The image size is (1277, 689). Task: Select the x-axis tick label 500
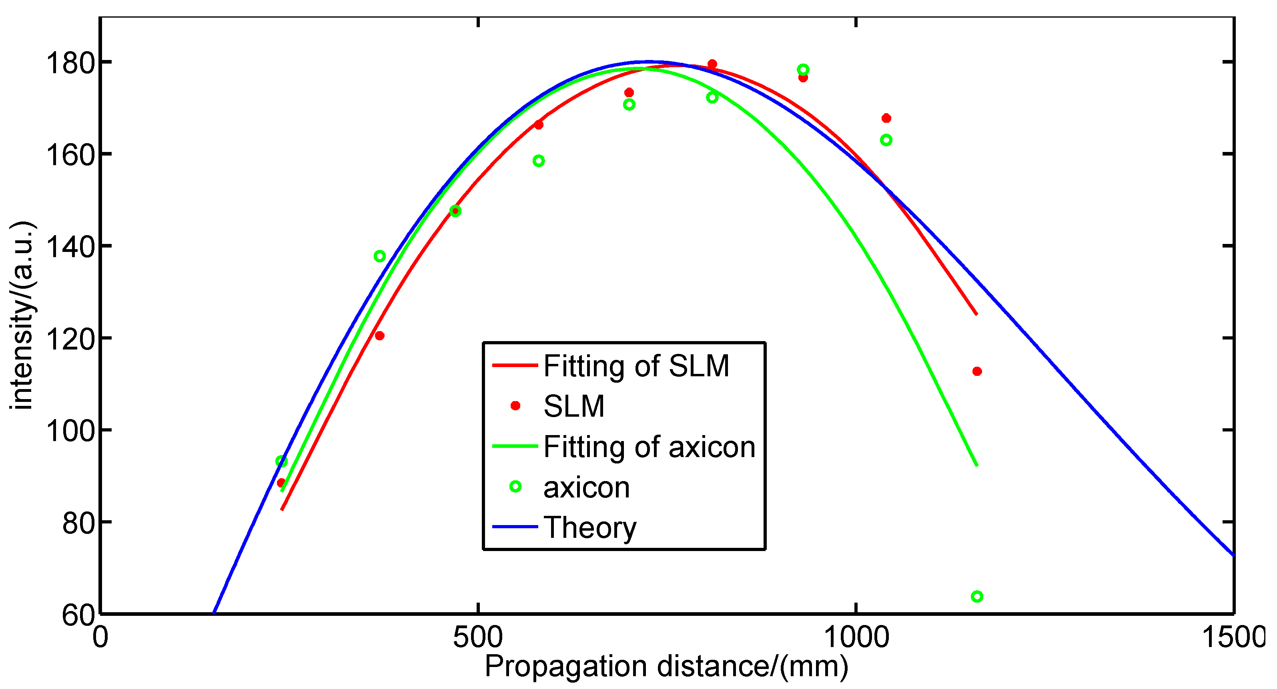478,637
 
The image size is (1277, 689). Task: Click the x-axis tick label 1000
856,637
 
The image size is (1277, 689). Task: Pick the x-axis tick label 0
100,637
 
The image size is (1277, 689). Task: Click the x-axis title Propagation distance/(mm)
666,666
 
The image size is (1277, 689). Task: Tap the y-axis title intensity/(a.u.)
22,316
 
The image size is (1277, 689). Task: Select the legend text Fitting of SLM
636,366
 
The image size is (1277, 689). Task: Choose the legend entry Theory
590,527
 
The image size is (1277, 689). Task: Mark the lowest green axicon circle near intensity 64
976,596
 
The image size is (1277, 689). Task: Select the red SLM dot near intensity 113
976,371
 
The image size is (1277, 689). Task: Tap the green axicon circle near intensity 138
380,256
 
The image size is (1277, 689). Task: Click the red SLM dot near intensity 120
380,336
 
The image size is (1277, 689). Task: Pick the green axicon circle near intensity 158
538,160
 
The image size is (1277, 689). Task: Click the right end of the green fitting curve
976,465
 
